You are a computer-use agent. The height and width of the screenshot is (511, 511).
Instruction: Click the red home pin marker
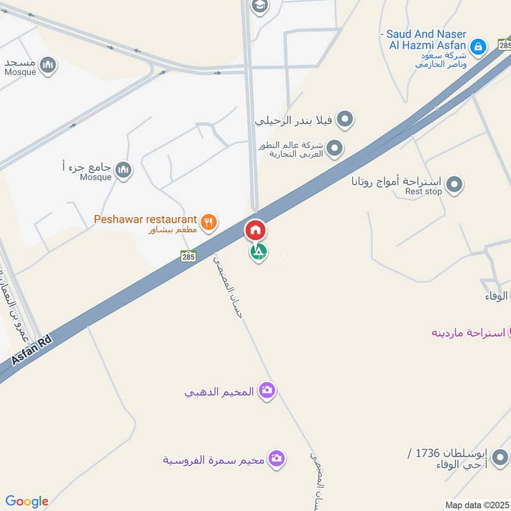tap(256, 229)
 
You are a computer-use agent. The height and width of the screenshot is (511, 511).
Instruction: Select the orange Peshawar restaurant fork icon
tap(208, 222)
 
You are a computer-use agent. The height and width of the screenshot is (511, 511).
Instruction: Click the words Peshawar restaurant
tap(145, 219)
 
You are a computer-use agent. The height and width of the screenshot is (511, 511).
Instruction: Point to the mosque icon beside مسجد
tap(48, 65)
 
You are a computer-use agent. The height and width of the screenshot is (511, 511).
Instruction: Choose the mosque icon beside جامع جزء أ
tap(123, 169)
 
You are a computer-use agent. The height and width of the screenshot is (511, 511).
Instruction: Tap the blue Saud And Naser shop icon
tap(477, 46)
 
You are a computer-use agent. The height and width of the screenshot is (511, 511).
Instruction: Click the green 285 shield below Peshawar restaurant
tap(187, 256)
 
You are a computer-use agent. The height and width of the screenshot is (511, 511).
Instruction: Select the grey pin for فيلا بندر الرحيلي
tap(345, 119)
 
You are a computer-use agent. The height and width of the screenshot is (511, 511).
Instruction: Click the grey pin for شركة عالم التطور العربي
tap(335, 149)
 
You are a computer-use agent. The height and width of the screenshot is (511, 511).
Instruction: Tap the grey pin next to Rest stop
tap(454, 185)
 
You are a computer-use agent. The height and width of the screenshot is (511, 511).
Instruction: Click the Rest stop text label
tap(423, 192)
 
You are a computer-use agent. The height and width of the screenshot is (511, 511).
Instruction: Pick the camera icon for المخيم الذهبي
tap(267, 391)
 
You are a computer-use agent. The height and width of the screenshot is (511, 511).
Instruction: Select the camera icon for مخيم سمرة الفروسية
tap(276, 459)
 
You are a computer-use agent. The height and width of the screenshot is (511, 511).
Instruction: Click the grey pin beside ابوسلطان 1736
tap(501, 457)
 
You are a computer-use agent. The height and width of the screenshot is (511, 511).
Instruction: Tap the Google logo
tap(27, 501)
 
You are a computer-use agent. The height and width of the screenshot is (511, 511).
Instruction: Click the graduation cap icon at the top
tap(259, 6)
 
